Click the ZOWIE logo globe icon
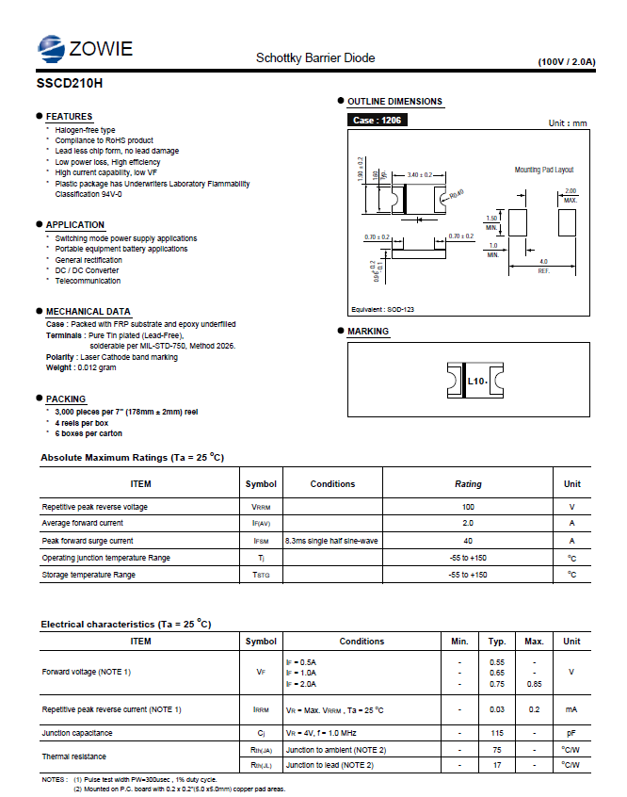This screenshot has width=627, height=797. pos(50,47)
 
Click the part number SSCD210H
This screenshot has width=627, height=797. pos(70,82)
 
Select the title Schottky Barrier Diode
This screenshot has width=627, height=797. pos(315,58)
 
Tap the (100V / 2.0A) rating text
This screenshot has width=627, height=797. pos(567,61)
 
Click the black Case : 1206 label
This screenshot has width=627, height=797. pos(378,121)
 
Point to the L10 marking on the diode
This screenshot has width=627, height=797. pos(476,382)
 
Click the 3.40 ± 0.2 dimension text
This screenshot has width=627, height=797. pos(420,175)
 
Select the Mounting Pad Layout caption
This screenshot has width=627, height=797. pos(543,170)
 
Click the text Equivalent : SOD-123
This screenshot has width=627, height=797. pos(382,309)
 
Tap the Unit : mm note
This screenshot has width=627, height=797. pos(568,123)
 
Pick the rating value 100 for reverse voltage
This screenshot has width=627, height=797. pos(468,507)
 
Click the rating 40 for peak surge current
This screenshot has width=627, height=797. pos(468,541)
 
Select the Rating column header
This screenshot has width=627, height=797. pos(468,484)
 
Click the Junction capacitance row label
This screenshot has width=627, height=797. pos(77,732)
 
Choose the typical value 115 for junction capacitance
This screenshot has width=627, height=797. pos(497,732)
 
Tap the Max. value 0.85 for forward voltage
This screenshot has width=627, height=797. pos(534,684)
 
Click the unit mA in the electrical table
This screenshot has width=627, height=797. pos(571,708)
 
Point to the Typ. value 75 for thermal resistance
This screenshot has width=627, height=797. pos(497,749)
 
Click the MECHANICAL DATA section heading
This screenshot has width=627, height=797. pos(88,312)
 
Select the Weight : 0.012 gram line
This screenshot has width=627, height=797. pos(81,368)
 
